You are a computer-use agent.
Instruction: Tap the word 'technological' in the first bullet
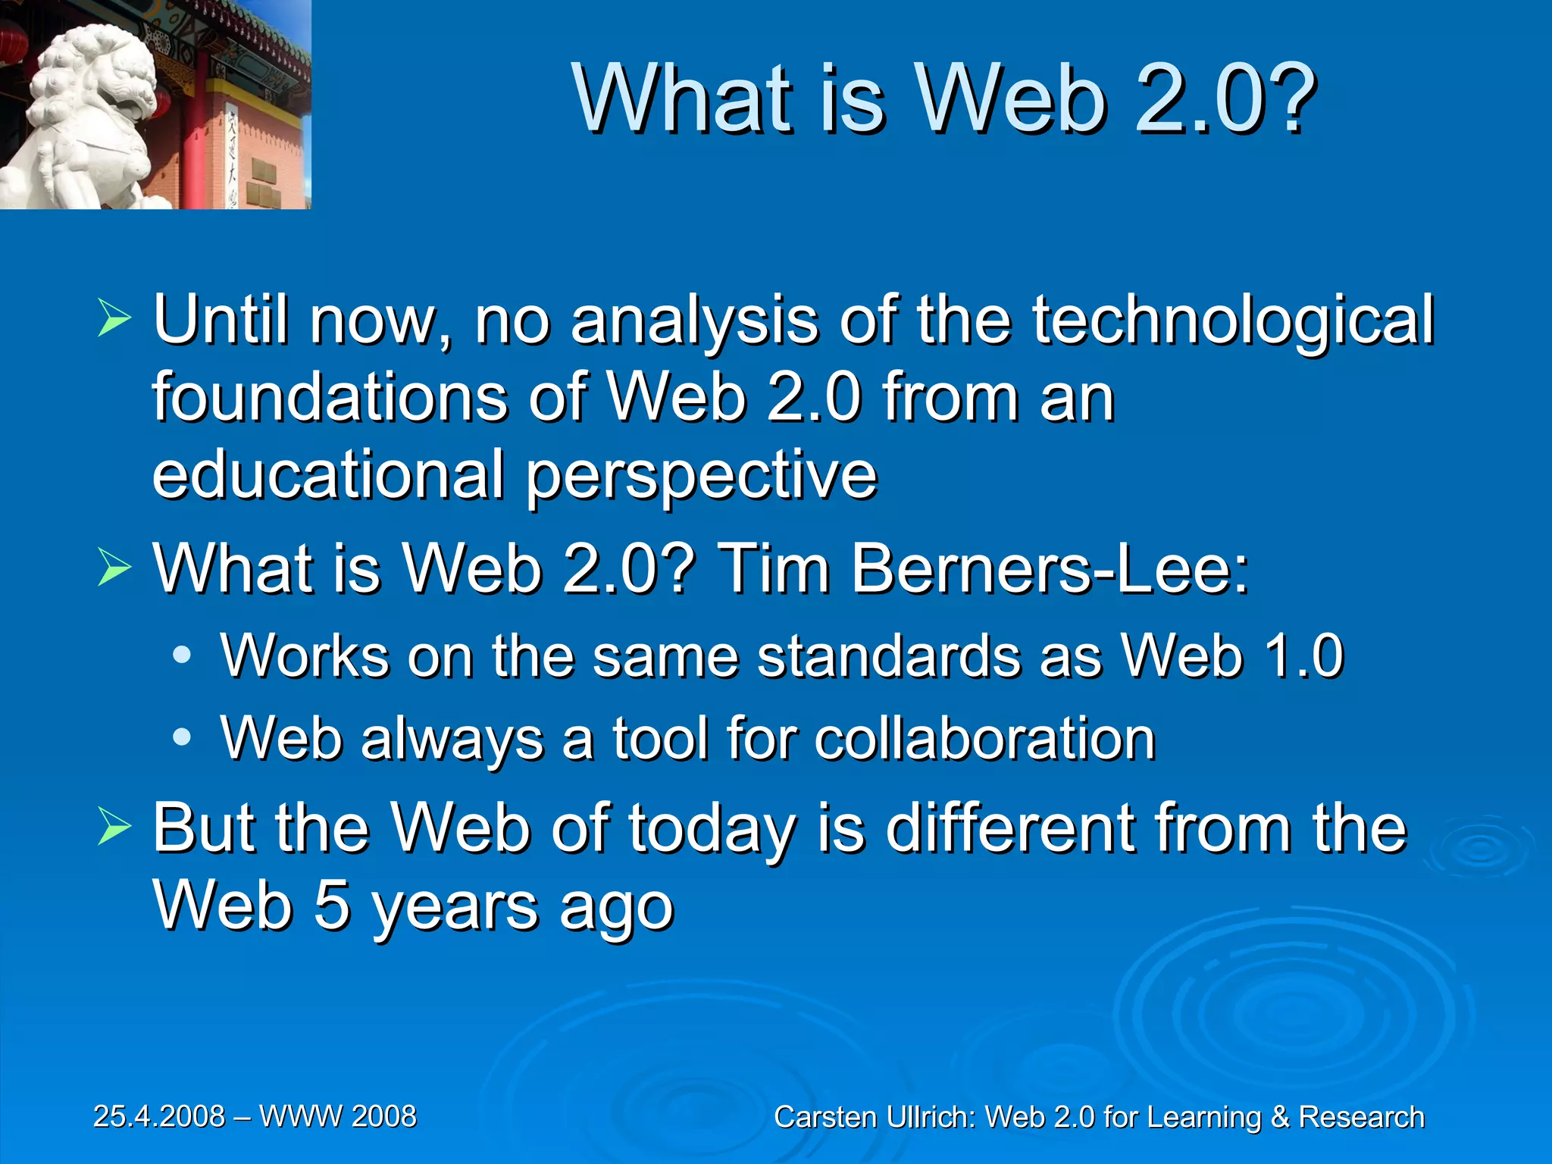pos(1233,320)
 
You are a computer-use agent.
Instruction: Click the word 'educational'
pos(328,474)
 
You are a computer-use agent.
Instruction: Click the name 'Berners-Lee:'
pos(1050,568)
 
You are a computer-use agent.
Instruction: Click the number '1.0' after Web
pos(1303,656)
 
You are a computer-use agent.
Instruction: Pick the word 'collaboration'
pos(984,738)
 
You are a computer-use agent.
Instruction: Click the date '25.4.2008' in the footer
pos(159,1116)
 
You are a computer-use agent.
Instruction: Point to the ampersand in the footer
pos(1280,1118)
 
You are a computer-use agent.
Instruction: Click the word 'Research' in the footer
pos(1361,1118)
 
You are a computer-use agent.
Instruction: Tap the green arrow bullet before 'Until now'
pos(114,320)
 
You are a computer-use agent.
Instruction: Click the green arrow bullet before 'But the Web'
pos(114,828)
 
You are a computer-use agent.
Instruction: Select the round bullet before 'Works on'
pos(182,656)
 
